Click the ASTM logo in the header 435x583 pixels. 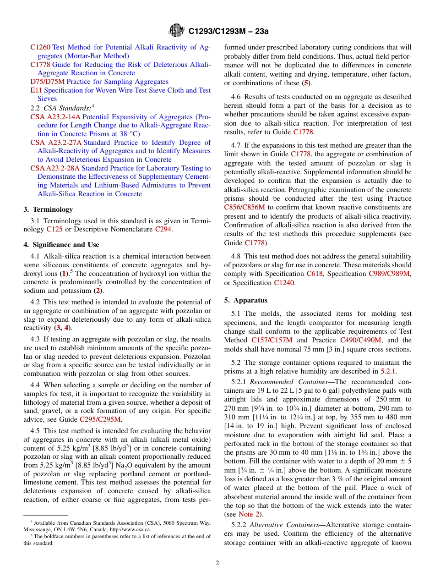tap(177, 31)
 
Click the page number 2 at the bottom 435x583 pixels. tap(217, 563)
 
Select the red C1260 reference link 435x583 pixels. tap(40, 47)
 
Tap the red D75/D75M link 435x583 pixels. tap(48, 82)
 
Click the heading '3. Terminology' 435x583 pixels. tap(48, 209)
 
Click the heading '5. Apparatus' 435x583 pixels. tap(246, 300)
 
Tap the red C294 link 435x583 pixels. tap(163, 229)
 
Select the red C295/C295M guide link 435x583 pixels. tap(100, 419)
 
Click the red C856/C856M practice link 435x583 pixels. tap(245, 207)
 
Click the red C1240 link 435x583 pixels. tap(284, 283)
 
